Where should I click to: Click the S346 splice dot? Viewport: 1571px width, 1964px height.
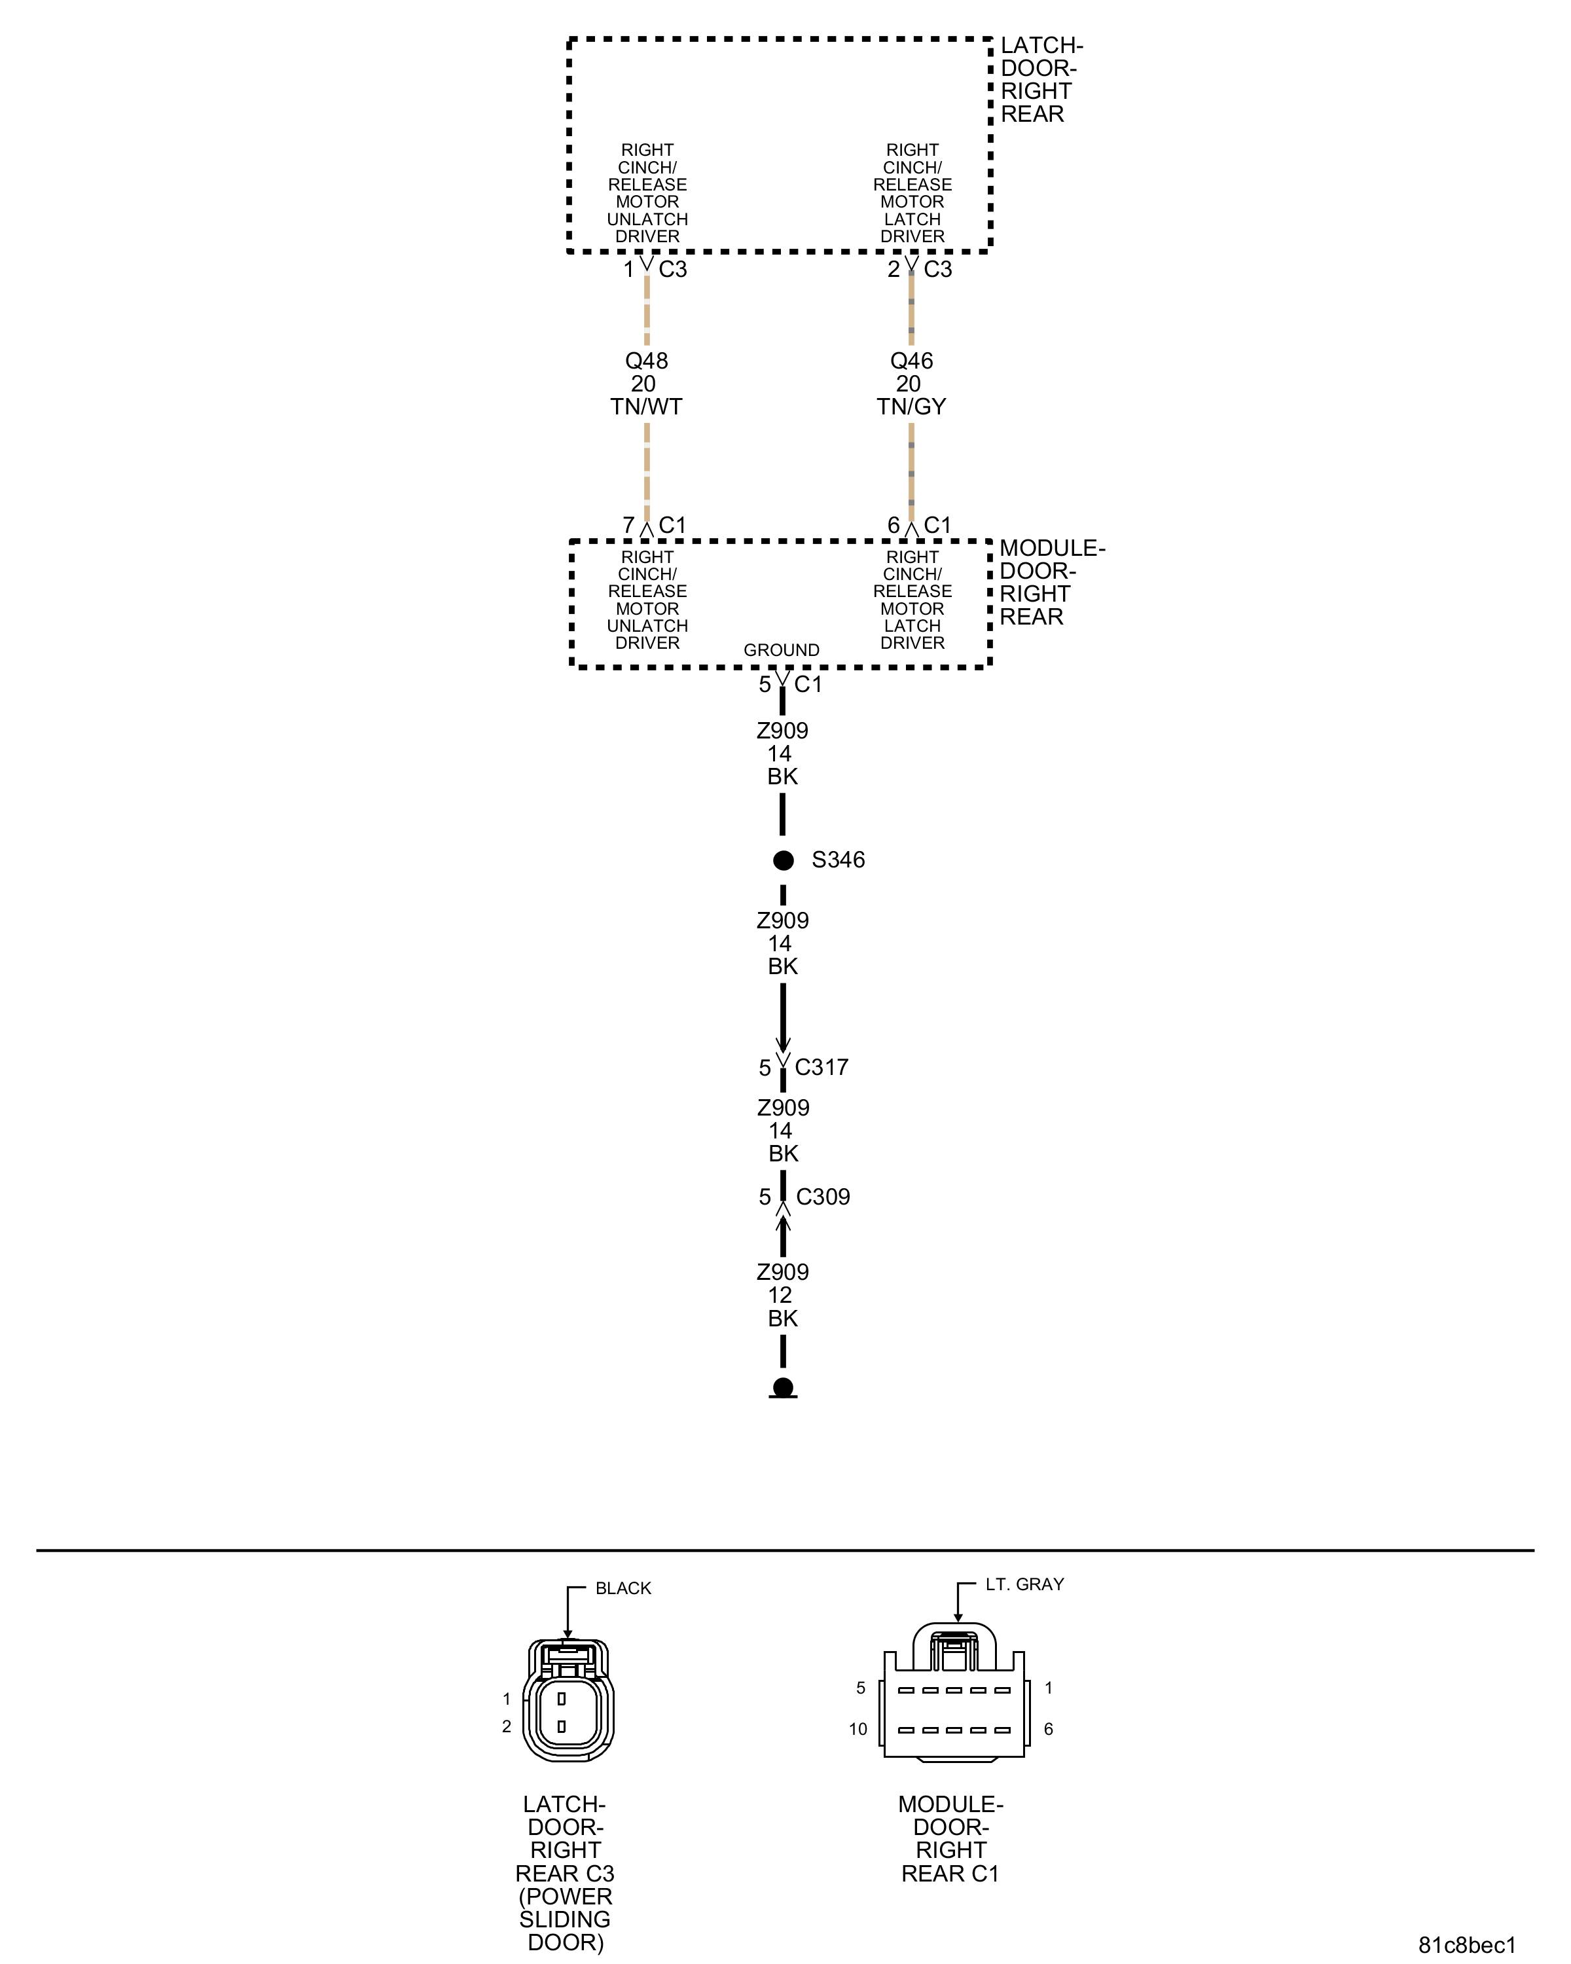[782, 860]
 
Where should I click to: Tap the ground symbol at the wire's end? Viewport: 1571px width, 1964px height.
[782, 1389]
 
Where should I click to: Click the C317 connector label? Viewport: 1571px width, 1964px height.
[821, 1066]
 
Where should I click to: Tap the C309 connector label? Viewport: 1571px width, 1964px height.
[822, 1196]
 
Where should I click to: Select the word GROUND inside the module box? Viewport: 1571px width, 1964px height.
[782, 649]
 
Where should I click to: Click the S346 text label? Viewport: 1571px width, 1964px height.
[838, 860]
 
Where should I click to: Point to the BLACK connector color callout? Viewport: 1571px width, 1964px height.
[623, 1588]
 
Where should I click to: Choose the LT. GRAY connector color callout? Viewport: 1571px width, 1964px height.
[1024, 1584]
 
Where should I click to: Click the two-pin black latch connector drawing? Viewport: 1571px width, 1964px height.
[568, 1701]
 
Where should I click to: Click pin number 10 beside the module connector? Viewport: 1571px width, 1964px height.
[858, 1729]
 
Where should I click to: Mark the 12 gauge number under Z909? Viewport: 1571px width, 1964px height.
[780, 1294]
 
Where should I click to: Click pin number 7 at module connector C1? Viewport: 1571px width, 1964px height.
[628, 526]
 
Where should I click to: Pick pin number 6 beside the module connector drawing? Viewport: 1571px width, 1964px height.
[1048, 1729]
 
